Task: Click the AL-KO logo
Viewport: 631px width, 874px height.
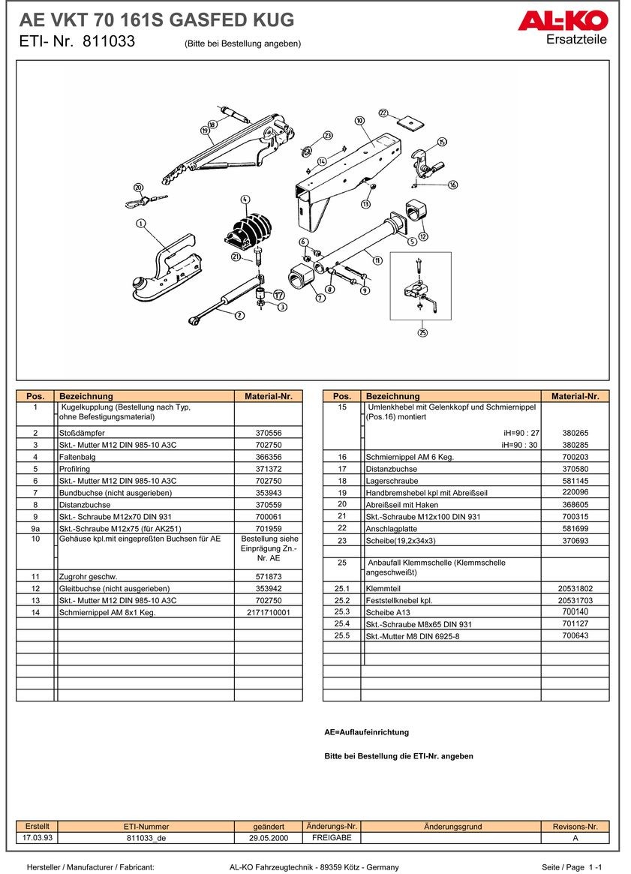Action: (x=562, y=21)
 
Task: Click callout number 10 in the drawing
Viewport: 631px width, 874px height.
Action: (x=359, y=120)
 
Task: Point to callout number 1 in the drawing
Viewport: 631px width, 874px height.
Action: (x=140, y=223)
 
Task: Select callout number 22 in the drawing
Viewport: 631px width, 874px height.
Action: (x=383, y=113)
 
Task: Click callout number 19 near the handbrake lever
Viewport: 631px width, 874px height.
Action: (x=204, y=131)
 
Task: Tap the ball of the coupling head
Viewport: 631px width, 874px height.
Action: (x=140, y=283)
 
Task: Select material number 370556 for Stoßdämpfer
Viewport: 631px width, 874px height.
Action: (x=269, y=433)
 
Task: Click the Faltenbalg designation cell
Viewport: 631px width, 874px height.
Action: (x=145, y=457)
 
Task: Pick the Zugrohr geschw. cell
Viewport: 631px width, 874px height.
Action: (x=145, y=576)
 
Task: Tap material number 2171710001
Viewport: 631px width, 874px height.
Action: (x=269, y=612)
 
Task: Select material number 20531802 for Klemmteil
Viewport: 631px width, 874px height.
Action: (x=575, y=588)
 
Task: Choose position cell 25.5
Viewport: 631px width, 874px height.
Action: (x=341, y=635)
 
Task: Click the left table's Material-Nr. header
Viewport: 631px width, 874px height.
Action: (x=269, y=396)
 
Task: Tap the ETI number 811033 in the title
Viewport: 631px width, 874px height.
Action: (x=109, y=42)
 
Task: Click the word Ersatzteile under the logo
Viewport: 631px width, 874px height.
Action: (x=576, y=40)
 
